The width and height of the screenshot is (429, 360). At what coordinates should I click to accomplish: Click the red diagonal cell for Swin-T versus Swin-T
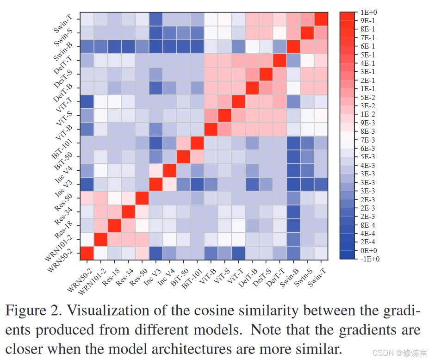320,19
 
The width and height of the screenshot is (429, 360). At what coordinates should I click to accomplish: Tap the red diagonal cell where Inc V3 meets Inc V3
156,184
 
